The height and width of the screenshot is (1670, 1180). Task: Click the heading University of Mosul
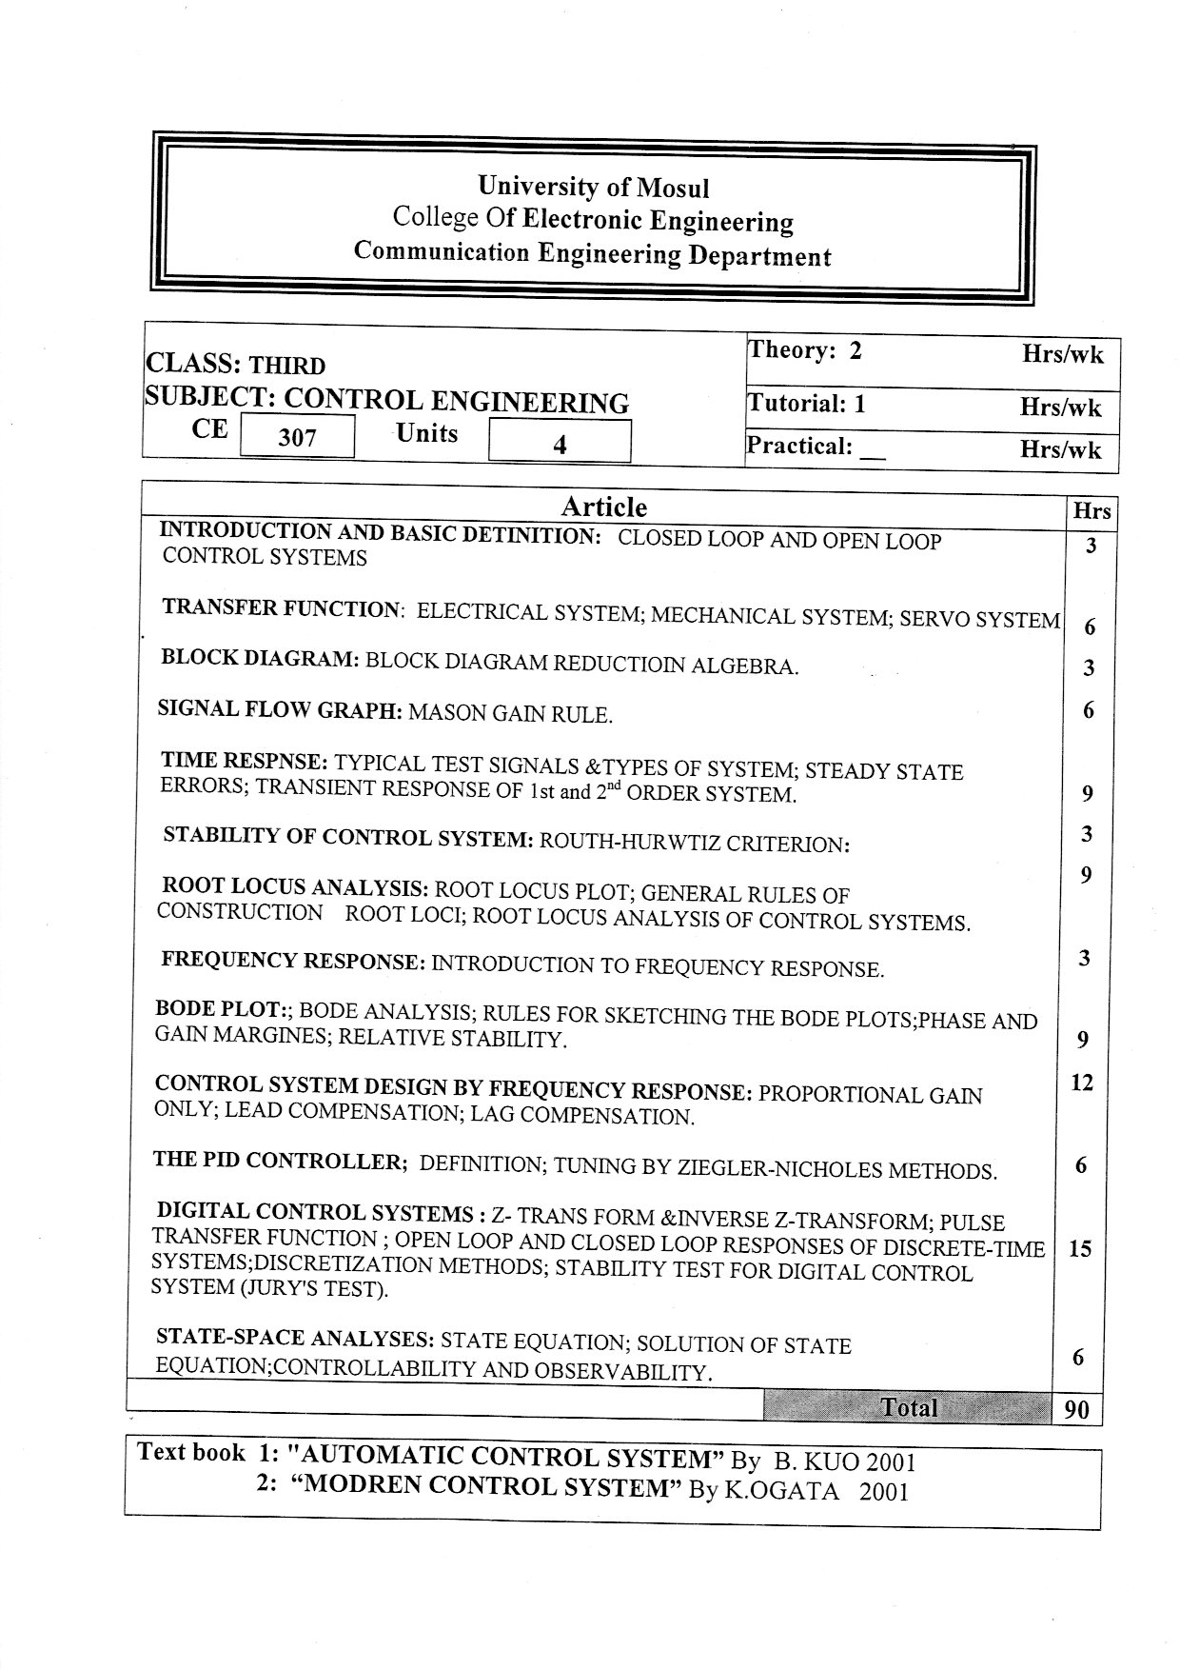point(593,187)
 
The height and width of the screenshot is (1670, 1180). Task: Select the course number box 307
point(297,437)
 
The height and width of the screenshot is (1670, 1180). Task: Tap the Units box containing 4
point(560,443)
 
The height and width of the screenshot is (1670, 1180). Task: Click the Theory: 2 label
point(805,350)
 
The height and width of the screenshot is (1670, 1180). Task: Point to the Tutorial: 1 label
point(807,404)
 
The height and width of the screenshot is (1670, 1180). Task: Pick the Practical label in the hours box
point(799,446)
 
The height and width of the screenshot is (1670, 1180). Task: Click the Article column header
point(603,507)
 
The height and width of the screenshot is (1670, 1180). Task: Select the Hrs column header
point(1091,511)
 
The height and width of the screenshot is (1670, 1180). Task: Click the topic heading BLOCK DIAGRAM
point(259,658)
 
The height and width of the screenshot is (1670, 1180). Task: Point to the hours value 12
point(1082,1083)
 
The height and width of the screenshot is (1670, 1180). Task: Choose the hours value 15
point(1080,1248)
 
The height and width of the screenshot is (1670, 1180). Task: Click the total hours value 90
point(1076,1409)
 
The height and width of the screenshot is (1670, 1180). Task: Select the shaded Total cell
point(908,1407)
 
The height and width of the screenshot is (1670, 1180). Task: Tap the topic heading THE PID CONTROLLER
point(280,1161)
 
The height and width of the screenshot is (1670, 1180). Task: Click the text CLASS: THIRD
point(235,365)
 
